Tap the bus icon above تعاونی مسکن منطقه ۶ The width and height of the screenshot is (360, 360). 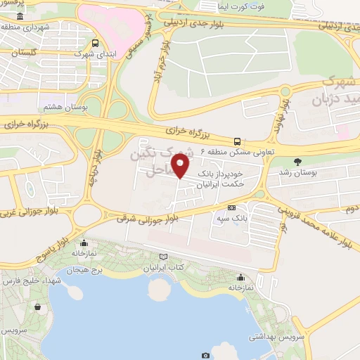(x=238, y=140)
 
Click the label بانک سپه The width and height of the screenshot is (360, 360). (x=231, y=219)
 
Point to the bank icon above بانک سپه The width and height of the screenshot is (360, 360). (x=231, y=208)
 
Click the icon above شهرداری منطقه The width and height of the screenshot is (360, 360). (x=19, y=15)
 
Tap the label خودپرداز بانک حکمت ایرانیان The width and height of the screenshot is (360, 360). (x=221, y=177)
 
